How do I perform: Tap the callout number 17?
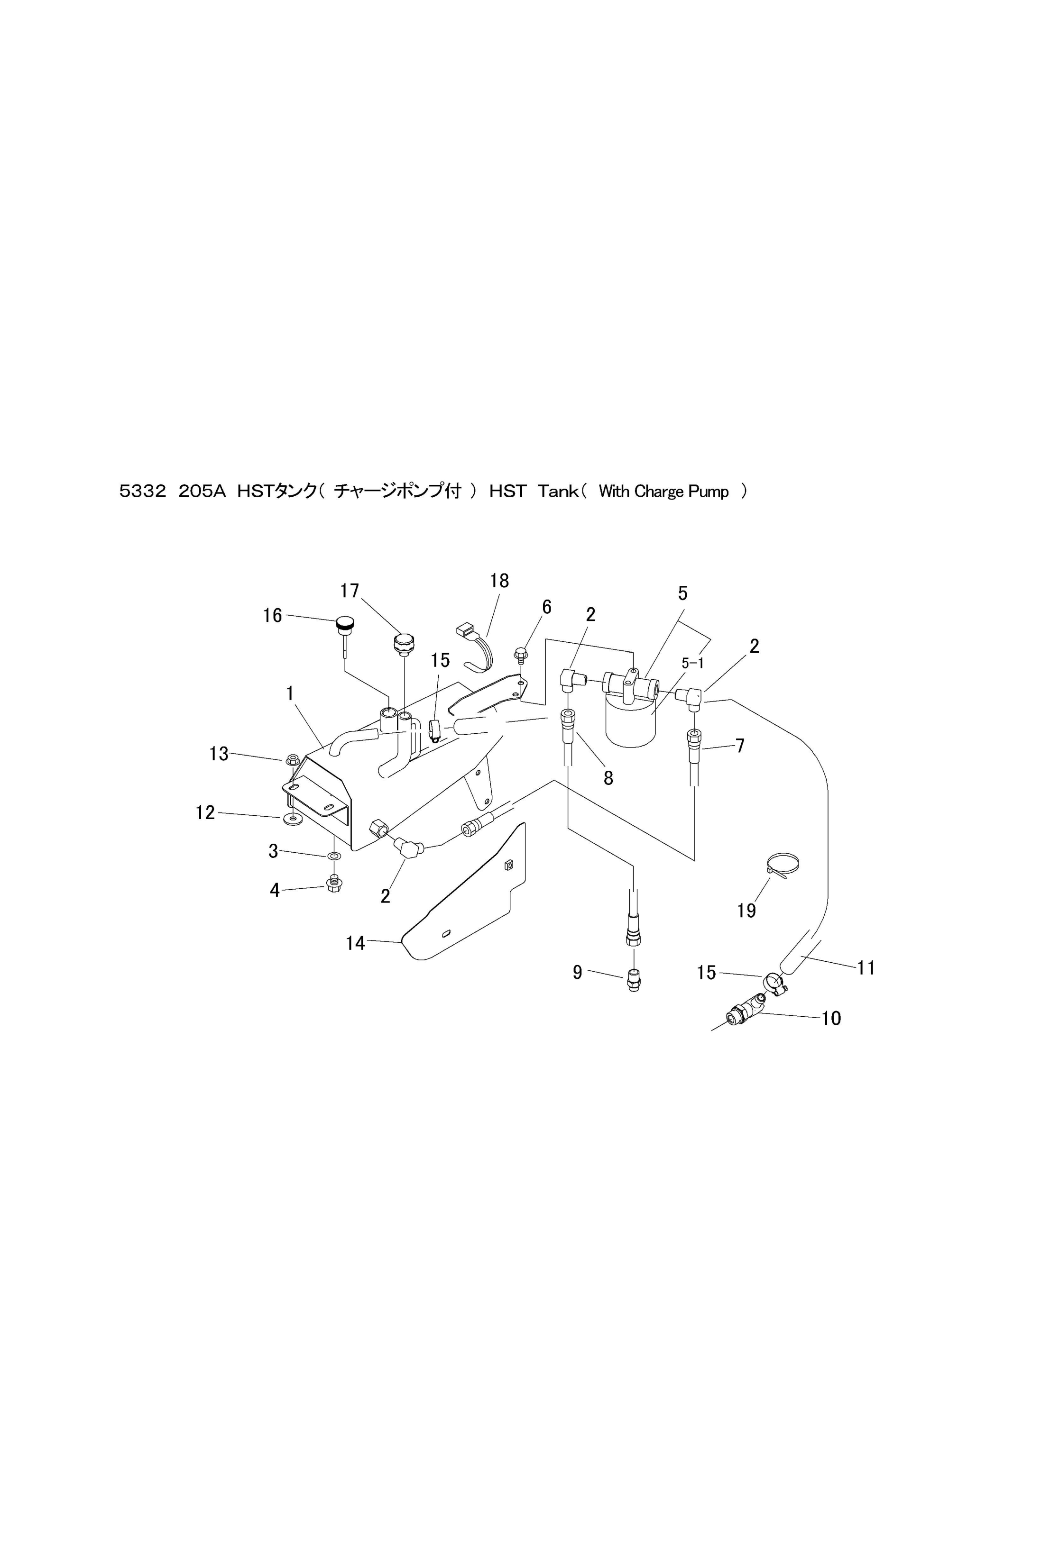point(350,591)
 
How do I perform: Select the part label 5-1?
point(692,663)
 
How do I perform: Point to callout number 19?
point(746,910)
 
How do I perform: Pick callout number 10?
point(831,1018)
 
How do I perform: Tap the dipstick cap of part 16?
point(344,624)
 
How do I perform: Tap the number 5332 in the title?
point(142,492)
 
